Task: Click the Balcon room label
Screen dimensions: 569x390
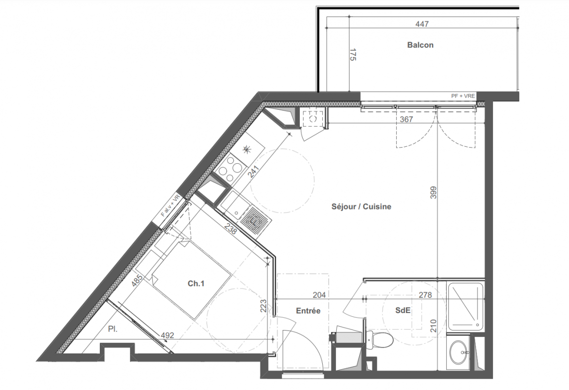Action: click(420, 45)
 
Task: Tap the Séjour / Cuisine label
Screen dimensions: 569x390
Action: click(362, 207)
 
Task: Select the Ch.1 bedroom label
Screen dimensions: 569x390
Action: click(196, 284)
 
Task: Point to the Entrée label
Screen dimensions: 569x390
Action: click(308, 311)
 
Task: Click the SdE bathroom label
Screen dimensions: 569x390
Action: click(403, 310)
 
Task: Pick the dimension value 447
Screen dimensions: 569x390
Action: click(422, 24)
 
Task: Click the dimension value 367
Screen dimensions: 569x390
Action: click(406, 119)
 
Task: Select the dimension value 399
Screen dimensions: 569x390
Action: click(433, 193)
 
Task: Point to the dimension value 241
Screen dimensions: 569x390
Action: click(254, 171)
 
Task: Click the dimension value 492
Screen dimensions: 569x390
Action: click(167, 335)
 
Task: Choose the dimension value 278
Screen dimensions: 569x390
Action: click(425, 295)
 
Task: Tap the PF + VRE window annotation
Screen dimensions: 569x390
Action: click(463, 96)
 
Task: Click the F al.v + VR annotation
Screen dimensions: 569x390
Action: click(170, 206)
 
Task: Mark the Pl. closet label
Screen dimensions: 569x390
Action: click(113, 329)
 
